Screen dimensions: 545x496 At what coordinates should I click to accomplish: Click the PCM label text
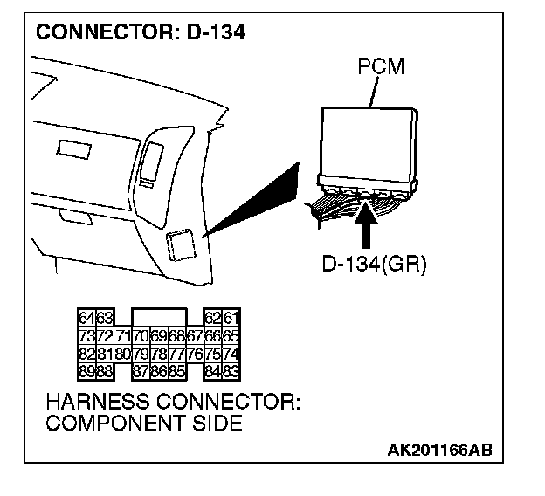coord(381,66)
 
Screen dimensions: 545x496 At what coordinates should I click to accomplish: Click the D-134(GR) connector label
coord(374,265)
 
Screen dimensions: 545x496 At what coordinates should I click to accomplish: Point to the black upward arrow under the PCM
coord(365,224)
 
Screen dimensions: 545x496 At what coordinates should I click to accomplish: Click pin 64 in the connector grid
coord(87,318)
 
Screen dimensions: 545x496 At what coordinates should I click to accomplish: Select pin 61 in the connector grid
coord(231,318)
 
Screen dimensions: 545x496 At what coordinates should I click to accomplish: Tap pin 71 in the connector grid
coord(123,336)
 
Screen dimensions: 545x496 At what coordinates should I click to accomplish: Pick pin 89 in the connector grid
coord(87,372)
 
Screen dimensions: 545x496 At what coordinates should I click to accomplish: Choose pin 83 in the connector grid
coord(231,372)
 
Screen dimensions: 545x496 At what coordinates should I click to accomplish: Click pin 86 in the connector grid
coord(159,372)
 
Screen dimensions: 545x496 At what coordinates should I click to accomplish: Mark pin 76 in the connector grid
coord(195,355)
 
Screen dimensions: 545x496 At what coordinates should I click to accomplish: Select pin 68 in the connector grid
coord(177,336)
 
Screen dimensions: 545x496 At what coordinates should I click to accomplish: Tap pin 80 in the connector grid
coord(123,355)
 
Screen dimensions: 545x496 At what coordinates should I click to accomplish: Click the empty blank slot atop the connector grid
coord(159,317)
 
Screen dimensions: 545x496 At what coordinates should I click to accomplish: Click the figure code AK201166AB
coord(439,450)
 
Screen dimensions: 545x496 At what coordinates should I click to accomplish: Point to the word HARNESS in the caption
coord(99,402)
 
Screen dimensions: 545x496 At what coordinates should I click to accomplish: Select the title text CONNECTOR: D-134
coord(141,32)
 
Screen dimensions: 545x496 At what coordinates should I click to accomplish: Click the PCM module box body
coord(369,144)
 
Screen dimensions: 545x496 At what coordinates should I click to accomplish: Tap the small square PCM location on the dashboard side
coord(181,245)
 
